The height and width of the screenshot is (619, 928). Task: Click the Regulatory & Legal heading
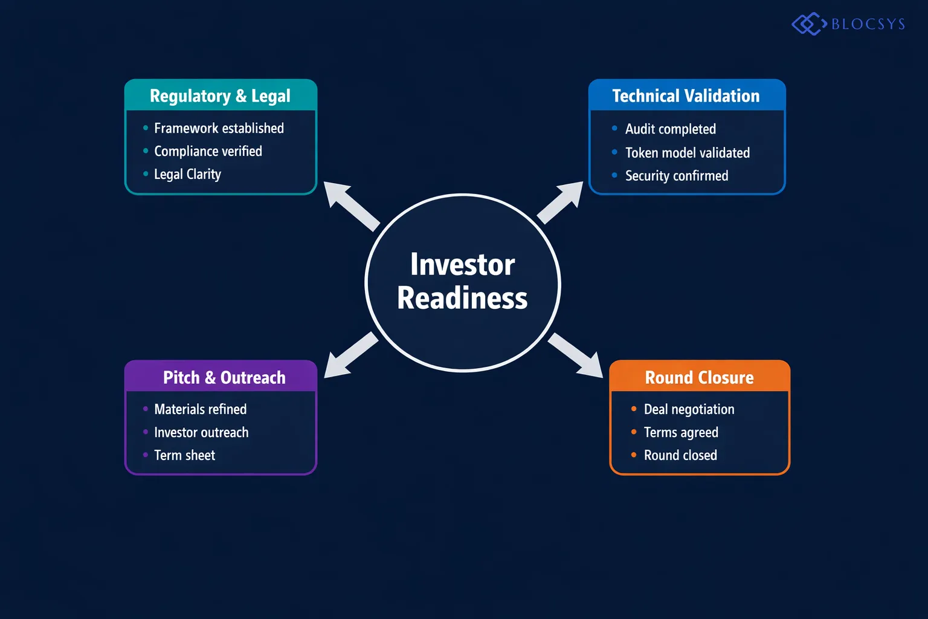click(x=220, y=96)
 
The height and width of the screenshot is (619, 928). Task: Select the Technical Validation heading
click(x=686, y=96)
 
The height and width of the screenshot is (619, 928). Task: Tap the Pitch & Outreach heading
click(x=224, y=378)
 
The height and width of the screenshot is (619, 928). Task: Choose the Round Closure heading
click(x=699, y=378)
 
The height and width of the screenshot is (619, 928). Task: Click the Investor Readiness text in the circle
click(x=463, y=282)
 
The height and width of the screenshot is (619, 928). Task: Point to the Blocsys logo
click(x=848, y=24)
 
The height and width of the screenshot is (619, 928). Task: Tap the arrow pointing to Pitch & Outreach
click(x=350, y=355)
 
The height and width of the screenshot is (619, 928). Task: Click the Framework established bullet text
click(x=219, y=128)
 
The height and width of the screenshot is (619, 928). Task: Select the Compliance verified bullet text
click(x=208, y=151)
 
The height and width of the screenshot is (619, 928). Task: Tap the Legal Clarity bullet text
click(x=187, y=174)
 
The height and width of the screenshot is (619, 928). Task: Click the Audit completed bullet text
click(x=670, y=129)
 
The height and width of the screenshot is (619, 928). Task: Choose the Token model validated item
click(x=687, y=153)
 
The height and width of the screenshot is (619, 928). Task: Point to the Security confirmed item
click(x=676, y=176)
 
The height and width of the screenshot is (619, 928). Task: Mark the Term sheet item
click(x=184, y=455)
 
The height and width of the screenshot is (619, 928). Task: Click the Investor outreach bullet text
click(x=201, y=432)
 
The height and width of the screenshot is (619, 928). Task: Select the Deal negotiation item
click(x=689, y=409)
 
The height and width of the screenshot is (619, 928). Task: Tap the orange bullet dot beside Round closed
click(x=634, y=455)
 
